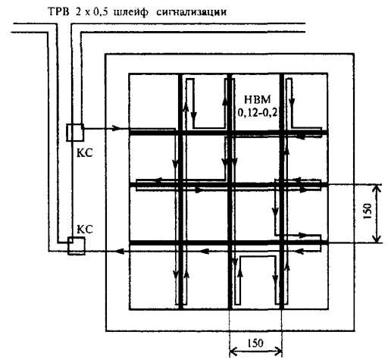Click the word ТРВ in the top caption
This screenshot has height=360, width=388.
[x=58, y=12]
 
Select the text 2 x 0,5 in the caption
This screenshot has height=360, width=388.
[x=92, y=12]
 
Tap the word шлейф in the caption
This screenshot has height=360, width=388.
[x=131, y=12]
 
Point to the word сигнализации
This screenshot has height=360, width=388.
[x=191, y=12]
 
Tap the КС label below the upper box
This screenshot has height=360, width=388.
[x=85, y=153]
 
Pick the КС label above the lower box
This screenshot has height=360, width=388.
[x=85, y=230]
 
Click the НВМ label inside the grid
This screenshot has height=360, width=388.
[x=258, y=99]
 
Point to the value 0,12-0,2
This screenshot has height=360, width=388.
[x=258, y=113]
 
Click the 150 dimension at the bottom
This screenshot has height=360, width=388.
[x=255, y=343]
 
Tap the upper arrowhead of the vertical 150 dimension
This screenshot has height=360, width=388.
[x=377, y=188]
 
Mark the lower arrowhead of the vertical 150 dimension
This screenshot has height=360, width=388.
[x=377, y=239]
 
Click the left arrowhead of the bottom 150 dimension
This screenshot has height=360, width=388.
[x=233, y=351]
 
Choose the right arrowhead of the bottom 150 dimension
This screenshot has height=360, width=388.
[x=278, y=351]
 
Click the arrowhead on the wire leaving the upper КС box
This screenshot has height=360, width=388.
[x=116, y=128]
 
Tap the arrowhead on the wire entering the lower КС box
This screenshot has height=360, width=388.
[x=120, y=252]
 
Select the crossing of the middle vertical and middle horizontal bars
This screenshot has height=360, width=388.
[x=230, y=185]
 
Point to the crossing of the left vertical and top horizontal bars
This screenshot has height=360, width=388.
[x=180, y=133]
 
